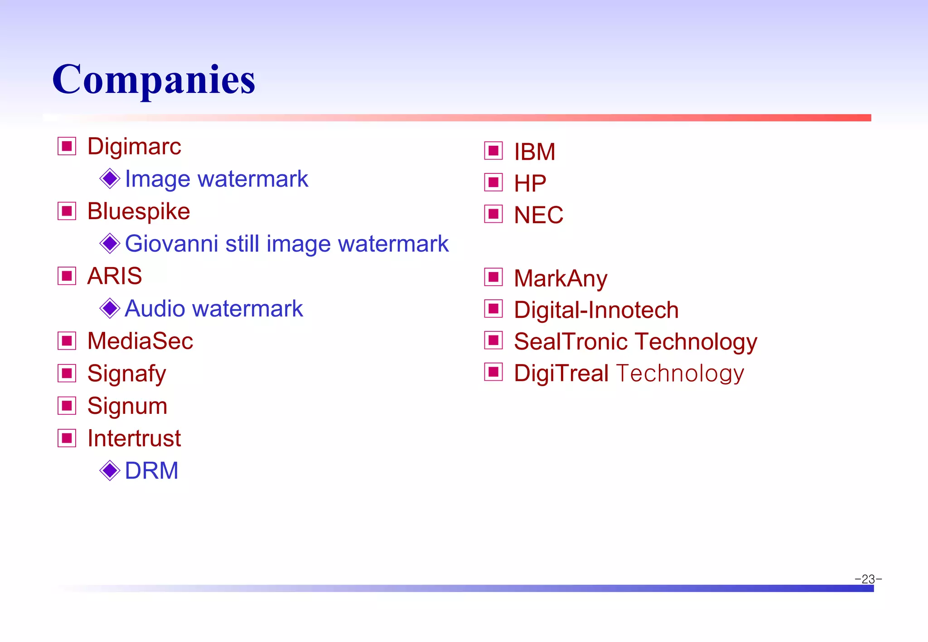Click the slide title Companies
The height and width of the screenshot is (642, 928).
154,80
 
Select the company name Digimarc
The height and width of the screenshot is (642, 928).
134,147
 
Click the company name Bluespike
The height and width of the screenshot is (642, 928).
139,211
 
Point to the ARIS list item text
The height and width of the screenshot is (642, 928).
115,276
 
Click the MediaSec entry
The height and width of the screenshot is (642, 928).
140,341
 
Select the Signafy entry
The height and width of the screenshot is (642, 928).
127,374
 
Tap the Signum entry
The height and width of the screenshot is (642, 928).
127,406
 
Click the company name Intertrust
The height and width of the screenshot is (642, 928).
134,438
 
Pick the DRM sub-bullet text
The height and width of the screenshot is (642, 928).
151,471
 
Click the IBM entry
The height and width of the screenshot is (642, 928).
535,152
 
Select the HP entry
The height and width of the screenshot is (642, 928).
530,183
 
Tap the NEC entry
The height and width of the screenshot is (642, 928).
538,215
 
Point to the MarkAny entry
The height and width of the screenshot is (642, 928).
561,278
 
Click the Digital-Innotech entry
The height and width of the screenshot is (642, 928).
596,310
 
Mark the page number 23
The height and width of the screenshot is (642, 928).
868,579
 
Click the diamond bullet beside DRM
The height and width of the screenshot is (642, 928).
110,471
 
